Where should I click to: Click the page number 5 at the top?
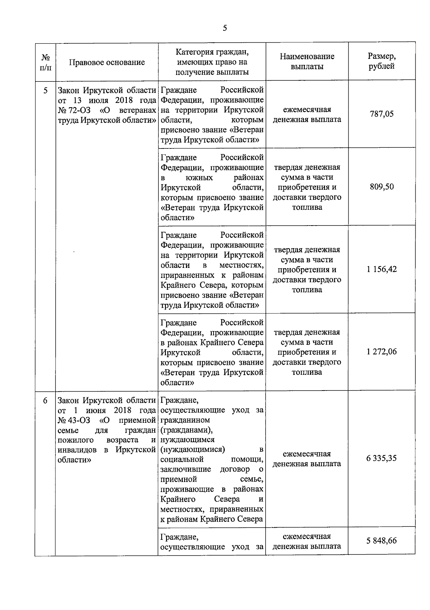tap(225, 29)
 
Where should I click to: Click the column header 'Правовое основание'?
tap(107, 62)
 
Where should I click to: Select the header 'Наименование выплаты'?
tap(307, 61)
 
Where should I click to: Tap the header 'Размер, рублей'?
tap(382, 61)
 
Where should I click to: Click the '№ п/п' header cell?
tap(45, 62)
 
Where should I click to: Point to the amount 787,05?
tap(382, 114)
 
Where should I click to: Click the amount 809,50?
tap(382, 187)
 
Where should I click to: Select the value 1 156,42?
tap(382, 269)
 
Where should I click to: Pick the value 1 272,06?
tap(382, 352)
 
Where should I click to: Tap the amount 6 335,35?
tap(382, 458)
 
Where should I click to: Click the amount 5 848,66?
tap(382, 541)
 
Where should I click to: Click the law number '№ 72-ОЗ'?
tap(74, 110)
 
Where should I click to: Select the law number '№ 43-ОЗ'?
tap(74, 420)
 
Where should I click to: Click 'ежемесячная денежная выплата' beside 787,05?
tap(307, 114)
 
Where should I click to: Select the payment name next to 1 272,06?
tap(307, 352)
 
